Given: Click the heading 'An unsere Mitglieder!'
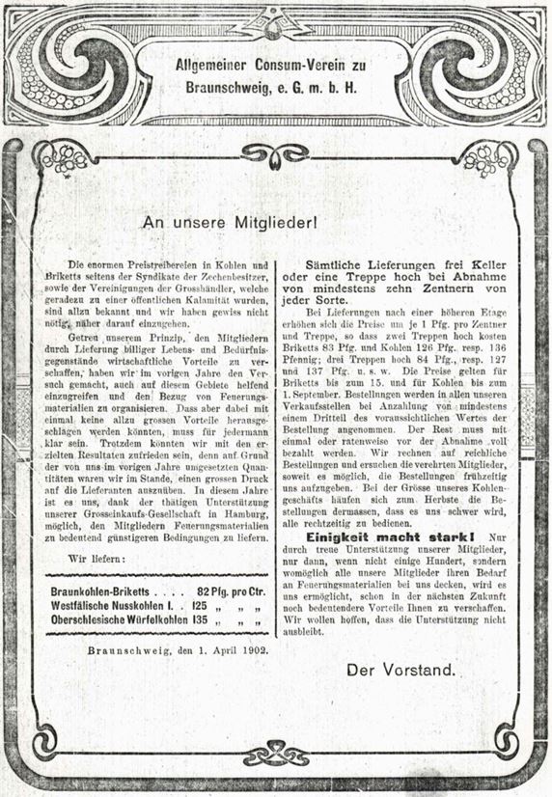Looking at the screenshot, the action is (230, 222).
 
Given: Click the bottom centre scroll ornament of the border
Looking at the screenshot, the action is (275, 754).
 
